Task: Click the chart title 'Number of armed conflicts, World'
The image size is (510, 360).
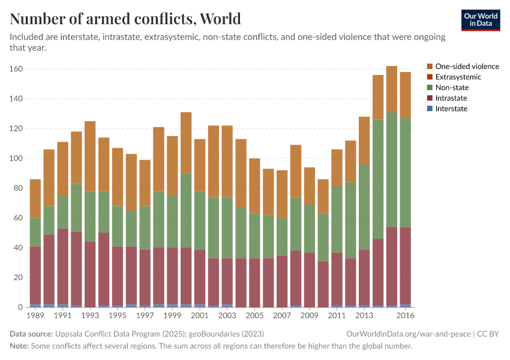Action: [x=125, y=19]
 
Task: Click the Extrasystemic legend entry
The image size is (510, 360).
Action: [x=458, y=77]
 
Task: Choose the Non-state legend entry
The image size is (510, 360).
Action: [x=452, y=88]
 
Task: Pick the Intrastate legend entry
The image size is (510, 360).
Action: [x=451, y=98]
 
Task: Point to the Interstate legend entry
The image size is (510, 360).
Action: [x=451, y=109]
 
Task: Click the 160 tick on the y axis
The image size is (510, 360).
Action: [x=16, y=69]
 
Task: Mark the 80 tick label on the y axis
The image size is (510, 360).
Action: [x=18, y=188]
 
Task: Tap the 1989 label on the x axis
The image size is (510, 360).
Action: [x=35, y=316]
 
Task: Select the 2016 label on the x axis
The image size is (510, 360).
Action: [x=405, y=316]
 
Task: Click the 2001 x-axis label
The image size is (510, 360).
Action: [x=200, y=316]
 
